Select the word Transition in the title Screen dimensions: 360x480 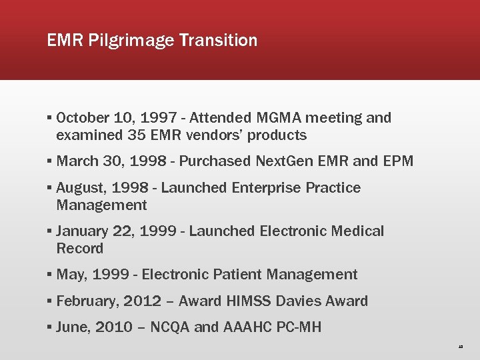(217, 40)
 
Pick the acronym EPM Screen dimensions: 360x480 (399, 161)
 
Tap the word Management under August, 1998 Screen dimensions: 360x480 (101, 205)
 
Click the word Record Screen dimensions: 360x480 (80, 249)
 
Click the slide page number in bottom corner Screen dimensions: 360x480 (461, 347)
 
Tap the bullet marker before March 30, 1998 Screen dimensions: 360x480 (50, 161)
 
